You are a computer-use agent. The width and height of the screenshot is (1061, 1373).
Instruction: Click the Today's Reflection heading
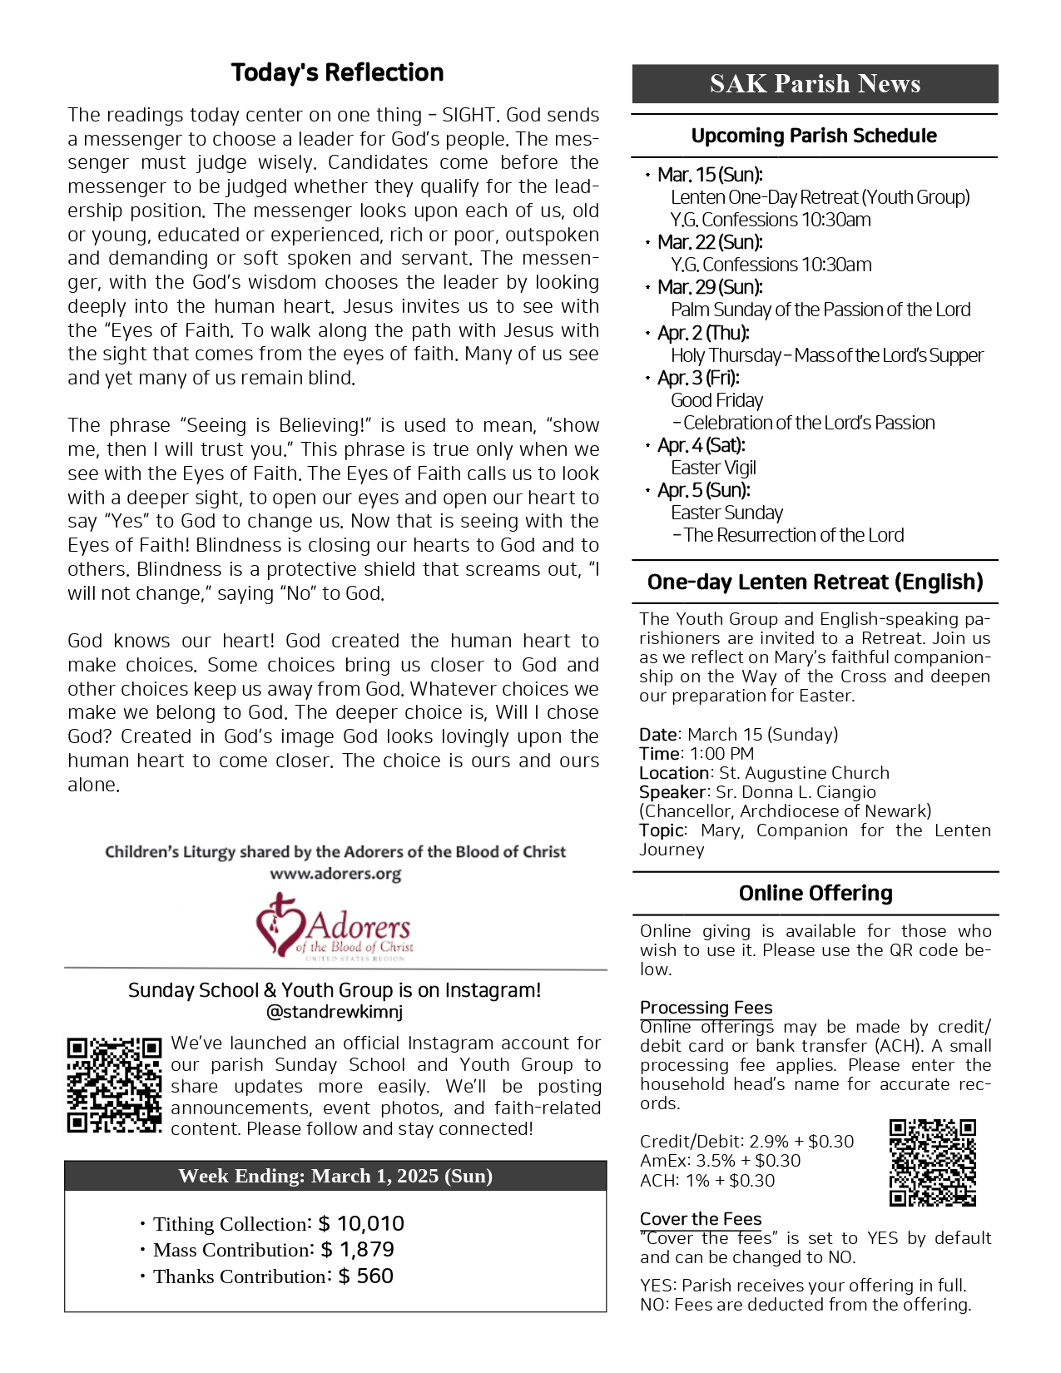point(337,73)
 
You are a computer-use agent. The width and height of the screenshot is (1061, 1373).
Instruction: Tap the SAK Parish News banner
point(815,83)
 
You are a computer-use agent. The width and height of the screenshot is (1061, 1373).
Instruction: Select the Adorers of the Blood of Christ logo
point(335,927)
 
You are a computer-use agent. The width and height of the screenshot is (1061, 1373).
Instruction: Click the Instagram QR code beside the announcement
point(114,1085)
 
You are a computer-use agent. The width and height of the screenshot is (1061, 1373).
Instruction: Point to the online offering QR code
point(932,1162)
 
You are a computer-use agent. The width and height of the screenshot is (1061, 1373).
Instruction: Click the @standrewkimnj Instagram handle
point(335,1012)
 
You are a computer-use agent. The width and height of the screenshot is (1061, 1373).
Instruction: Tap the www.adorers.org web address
point(335,874)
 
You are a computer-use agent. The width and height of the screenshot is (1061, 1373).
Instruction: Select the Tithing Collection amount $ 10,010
point(361,1223)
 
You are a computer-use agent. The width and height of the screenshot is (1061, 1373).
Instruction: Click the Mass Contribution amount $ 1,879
point(357,1249)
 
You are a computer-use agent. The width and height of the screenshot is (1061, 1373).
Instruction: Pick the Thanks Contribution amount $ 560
point(365,1276)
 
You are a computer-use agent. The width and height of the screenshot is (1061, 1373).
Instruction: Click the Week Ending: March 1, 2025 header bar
point(335,1176)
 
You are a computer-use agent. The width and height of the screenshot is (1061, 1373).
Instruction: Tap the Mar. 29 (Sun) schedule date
point(710,287)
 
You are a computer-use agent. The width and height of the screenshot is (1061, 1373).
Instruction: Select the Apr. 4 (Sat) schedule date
point(701,445)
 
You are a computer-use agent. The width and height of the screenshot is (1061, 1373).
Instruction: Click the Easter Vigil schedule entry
point(713,468)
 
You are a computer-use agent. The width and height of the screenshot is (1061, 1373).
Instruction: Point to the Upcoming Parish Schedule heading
point(814,136)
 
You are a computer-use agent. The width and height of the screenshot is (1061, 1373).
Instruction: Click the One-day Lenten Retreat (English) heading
point(815,582)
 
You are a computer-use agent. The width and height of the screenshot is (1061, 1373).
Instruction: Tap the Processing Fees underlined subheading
point(706,1008)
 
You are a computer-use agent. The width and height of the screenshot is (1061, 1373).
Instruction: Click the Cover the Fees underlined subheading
point(701,1219)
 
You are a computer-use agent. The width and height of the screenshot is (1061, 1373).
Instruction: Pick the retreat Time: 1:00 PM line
point(697,754)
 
